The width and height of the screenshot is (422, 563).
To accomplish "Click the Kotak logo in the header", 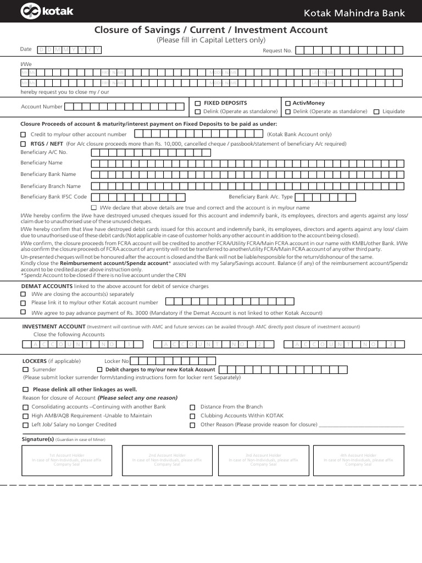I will coord(47,11).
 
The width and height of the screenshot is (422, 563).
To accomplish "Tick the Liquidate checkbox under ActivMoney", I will coord(376,112).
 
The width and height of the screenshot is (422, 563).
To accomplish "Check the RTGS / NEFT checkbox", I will coord(23,144).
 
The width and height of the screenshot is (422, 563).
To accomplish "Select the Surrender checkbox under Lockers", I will coord(25,370).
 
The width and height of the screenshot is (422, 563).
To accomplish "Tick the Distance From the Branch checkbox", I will coord(192,407).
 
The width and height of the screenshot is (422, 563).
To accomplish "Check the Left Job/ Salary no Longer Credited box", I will coord(25,425).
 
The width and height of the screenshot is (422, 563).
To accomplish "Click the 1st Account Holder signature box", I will coord(66,460).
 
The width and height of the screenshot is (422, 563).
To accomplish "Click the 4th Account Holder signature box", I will coord(358,460).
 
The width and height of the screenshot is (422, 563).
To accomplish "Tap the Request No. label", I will coord(277,51).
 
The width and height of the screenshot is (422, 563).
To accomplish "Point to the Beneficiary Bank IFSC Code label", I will coord(53,197).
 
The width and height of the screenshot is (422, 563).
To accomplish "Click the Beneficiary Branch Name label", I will coord(51,186).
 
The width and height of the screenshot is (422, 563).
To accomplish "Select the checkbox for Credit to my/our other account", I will coord(23,135).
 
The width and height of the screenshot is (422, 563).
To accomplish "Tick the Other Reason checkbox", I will coord(192,425).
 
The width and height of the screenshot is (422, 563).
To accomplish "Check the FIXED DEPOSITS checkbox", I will coord(198,103).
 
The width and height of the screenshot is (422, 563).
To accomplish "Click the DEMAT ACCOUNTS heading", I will coord(47,286).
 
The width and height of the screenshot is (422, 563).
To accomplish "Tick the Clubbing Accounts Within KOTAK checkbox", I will coord(192,416).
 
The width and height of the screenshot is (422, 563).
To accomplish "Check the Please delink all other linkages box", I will coord(25,389).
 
